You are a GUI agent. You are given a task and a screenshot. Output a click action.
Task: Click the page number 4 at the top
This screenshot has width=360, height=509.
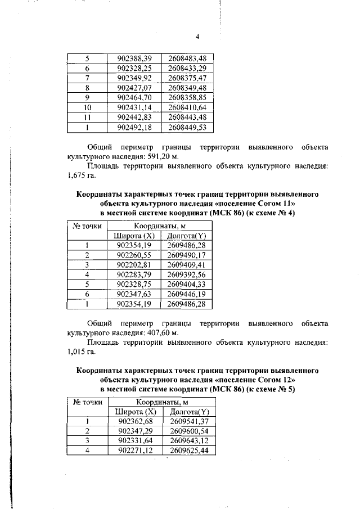pyautogui.click(x=197, y=37)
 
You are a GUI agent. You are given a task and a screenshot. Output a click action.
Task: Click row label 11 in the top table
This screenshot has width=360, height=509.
pyautogui.click(x=87, y=117)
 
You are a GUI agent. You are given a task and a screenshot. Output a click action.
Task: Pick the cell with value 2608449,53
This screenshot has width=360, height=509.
pyautogui.click(x=187, y=127)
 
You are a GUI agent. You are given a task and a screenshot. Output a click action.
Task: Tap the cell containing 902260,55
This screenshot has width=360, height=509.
pyautogui.click(x=134, y=255)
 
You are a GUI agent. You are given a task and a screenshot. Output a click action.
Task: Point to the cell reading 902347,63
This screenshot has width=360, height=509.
pyautogui.click(x=134, y=294)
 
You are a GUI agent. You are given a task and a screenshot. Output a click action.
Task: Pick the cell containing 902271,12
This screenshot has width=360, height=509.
pyautogui.click(x=134, y=451)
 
